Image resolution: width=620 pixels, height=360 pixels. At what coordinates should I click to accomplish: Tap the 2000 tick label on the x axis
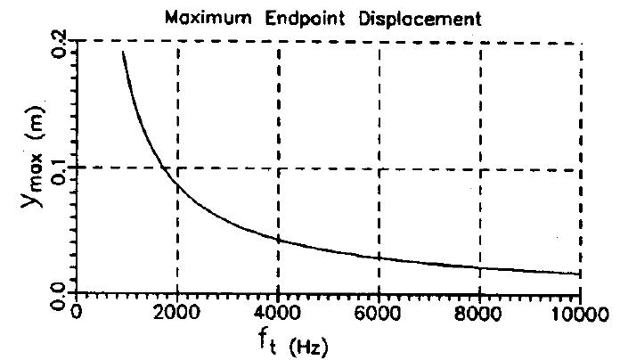tap(178, 313)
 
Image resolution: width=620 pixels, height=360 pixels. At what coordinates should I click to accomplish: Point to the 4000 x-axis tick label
tap(279, 313)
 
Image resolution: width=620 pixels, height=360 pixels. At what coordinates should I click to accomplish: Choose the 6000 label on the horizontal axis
tap(379, 313)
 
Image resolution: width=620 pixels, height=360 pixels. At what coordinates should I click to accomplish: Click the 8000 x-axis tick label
tap(480, 313)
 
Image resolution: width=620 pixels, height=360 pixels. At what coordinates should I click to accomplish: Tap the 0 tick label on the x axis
tap(77, 313)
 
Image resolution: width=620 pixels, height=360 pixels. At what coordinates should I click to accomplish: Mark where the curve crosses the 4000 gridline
tap(279, 239)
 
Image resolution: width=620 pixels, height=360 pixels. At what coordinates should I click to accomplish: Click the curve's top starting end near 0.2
tap(123, 53)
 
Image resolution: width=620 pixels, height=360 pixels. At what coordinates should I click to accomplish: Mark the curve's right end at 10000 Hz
tap(580, 274)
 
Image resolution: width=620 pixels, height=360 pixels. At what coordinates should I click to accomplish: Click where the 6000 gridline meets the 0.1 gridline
tap(379, 167)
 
